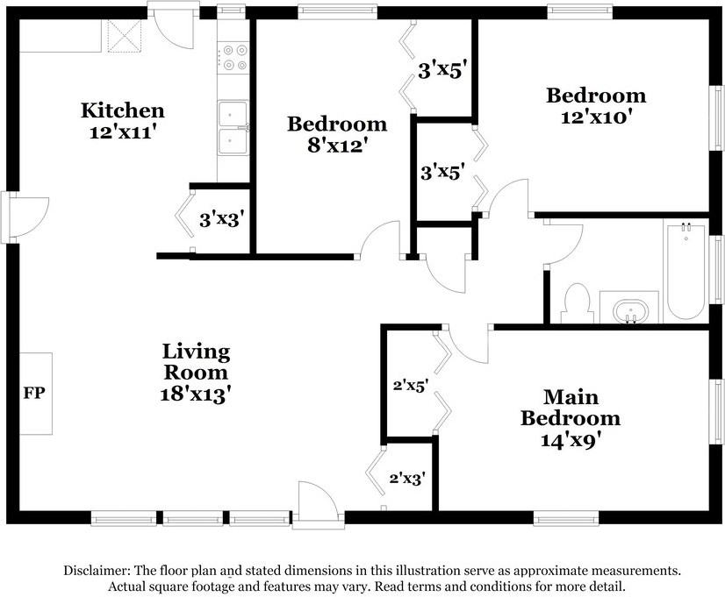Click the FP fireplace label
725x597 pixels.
click(x=32, y=392)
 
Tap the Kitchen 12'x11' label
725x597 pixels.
click(x=122, y=121)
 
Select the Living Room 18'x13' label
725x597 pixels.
click(x=196, y=373)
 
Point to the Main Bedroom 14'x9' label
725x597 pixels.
click(x=570, y=418)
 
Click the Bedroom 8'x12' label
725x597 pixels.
click(x=337, y=134)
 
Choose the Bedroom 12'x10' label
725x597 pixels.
click(x=596, y=104)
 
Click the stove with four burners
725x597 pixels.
click(x=233, y=58)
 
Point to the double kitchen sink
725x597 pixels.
click(x=233, y=128)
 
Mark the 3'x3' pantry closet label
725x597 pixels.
click(x=220, y=219)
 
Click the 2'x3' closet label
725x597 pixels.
click(x=407, y=479)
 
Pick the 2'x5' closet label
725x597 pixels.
click(x=409, y=385)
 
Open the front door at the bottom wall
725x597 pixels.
click(x=314, y=507)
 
